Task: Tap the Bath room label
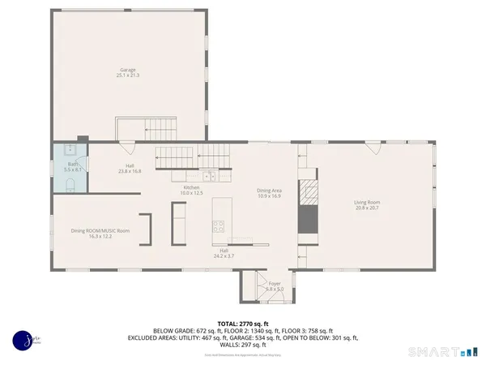[x=72, y=166]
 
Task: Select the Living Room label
[x=366, y=205]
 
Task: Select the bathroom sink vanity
[x=68, y=150]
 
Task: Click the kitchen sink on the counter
[x=208, y=174]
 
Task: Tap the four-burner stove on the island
[x=219, y=228]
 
